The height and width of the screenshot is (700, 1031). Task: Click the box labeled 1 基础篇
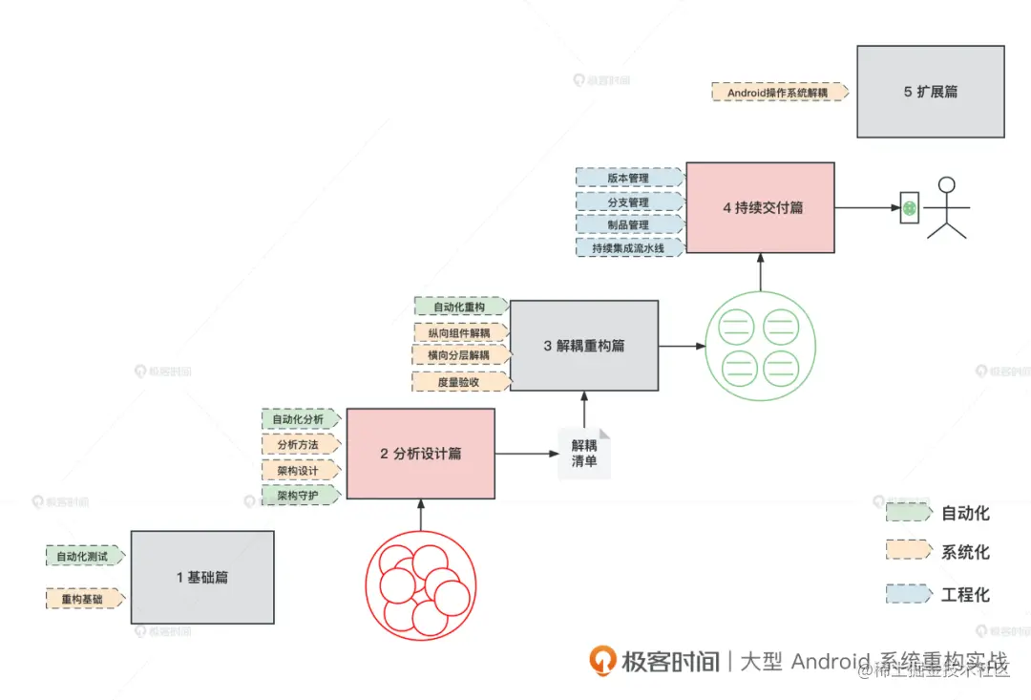point(202,577)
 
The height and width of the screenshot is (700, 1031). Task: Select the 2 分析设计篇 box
point(420,454)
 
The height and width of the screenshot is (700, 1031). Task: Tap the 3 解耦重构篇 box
point(583,346)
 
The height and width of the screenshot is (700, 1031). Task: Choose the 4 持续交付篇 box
point(760,207)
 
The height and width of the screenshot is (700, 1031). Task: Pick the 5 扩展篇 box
point(930,92)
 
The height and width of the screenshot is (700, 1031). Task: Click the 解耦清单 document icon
point(584,453)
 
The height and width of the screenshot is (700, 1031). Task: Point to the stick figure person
point(947,207)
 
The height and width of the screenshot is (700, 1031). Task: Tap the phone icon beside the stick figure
point(910,207)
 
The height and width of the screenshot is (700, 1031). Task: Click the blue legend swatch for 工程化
point(908,594)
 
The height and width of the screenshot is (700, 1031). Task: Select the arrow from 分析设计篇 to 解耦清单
point(526,454)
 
